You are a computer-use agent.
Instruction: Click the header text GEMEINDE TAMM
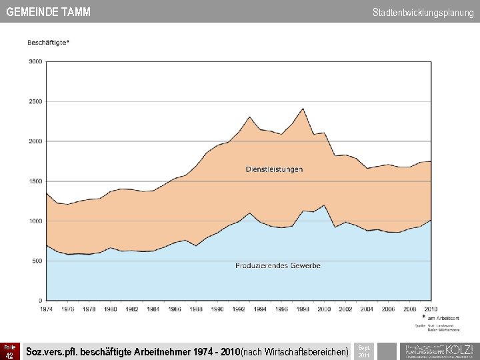tap(48, 12)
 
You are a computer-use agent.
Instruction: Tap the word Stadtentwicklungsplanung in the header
tap(423, 12)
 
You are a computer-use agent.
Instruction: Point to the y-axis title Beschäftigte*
tap(48, 43)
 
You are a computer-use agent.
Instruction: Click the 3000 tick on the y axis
tap(35, 61)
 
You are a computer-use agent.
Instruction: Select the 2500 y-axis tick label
tap(35, 101)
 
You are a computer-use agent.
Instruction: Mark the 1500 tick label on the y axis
tap(35, 181)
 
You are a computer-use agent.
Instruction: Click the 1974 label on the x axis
tap(46, 309)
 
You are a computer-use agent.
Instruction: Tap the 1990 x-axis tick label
tap(217, 309)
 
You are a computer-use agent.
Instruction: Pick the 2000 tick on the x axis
tap(324, 309)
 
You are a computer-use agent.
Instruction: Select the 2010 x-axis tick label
tap(431, 309)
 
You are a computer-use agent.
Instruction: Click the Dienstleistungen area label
tap(274, 169)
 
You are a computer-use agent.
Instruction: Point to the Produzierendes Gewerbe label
tap(278, 265)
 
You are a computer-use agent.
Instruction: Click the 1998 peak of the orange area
tap(303, 109)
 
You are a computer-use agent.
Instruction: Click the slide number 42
tap(9, 355)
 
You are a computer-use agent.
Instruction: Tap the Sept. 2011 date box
tap(364, 351)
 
